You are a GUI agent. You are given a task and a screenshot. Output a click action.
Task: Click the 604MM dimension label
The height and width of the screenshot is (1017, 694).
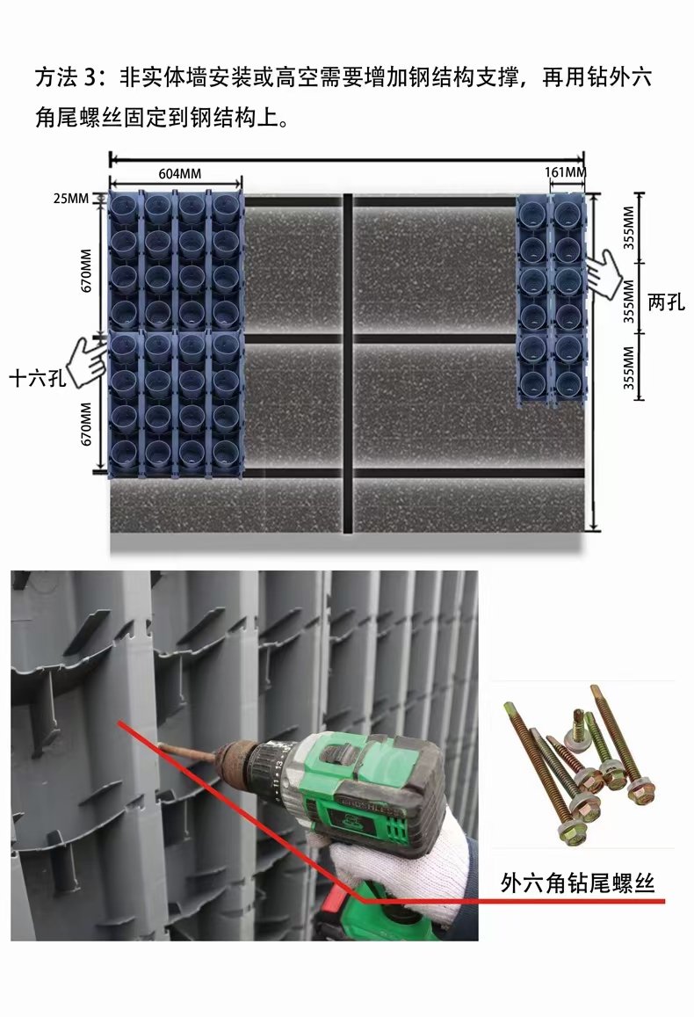(x=179, y=174)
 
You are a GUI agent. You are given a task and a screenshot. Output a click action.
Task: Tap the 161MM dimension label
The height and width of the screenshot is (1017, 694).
(x=565, y=172)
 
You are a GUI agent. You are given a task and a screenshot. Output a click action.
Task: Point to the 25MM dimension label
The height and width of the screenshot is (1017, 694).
(x=70, y=199)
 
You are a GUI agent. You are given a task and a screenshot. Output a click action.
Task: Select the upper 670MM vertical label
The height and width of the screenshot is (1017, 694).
(x=86, y=271)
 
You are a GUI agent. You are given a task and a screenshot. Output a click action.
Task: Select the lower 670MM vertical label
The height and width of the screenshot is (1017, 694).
(x=86, y=424)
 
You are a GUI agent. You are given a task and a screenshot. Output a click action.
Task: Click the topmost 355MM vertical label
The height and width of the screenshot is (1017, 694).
(x=628, y=228)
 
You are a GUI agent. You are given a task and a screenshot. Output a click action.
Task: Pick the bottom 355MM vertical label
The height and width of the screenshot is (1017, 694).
(x=628, y=367)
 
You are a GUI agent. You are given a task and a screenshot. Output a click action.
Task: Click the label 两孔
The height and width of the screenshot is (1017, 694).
(x=666, y=301)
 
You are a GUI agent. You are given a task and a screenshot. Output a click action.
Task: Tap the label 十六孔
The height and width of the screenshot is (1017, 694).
(x=37, y=377)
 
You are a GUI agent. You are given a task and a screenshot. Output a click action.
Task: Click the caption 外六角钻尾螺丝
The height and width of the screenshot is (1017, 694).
(x=577, y=883)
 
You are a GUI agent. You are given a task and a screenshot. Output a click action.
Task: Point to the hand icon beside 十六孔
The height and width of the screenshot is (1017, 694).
(x=88, y=361)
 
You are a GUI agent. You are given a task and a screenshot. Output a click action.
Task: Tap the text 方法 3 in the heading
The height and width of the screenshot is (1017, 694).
(x=65, y=78)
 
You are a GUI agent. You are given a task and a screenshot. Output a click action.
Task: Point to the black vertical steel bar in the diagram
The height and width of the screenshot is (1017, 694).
(x=347, y=363)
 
